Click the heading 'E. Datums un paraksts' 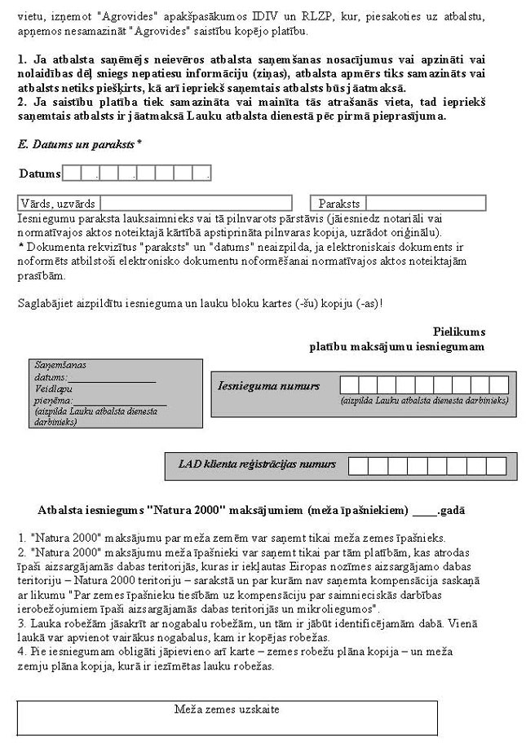(x=79, y=143)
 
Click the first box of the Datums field (x=72, y=173)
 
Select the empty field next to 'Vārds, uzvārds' (x=196, y=203)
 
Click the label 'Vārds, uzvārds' (x=58, y=204)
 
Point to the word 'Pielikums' (x=459, y=332)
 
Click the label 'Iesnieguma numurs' (x=268, y=385)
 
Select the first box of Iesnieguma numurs (x=348, y=385)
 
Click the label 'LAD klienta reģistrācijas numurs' (x=257, y=464)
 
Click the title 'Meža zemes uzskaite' (x=227, y=710)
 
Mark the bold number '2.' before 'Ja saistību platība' (x=22, y=101)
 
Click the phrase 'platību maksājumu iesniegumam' (x=396, y=346)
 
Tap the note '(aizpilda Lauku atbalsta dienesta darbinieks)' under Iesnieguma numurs (x=424, y=401)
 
